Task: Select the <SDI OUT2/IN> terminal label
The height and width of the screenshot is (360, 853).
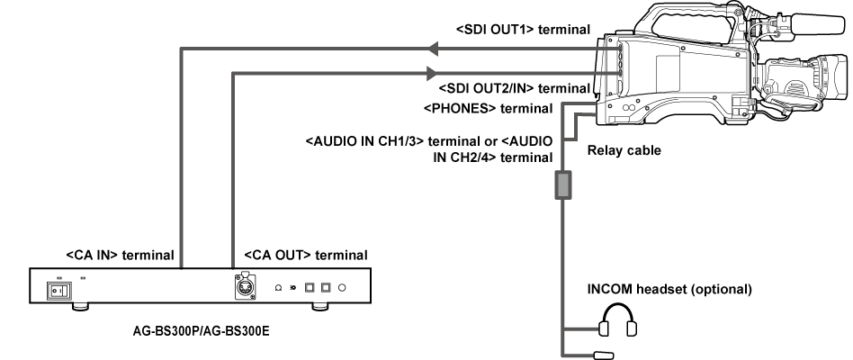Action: coord(514,89)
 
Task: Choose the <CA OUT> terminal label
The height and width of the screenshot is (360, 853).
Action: coord(301,254)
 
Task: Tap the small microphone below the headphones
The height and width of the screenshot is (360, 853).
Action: coord(603,354)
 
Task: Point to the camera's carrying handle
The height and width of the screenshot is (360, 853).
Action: coord(684,16)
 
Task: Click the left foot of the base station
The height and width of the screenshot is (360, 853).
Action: coord(80,307)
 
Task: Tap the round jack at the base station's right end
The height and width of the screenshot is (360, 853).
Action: coord(342,288)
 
